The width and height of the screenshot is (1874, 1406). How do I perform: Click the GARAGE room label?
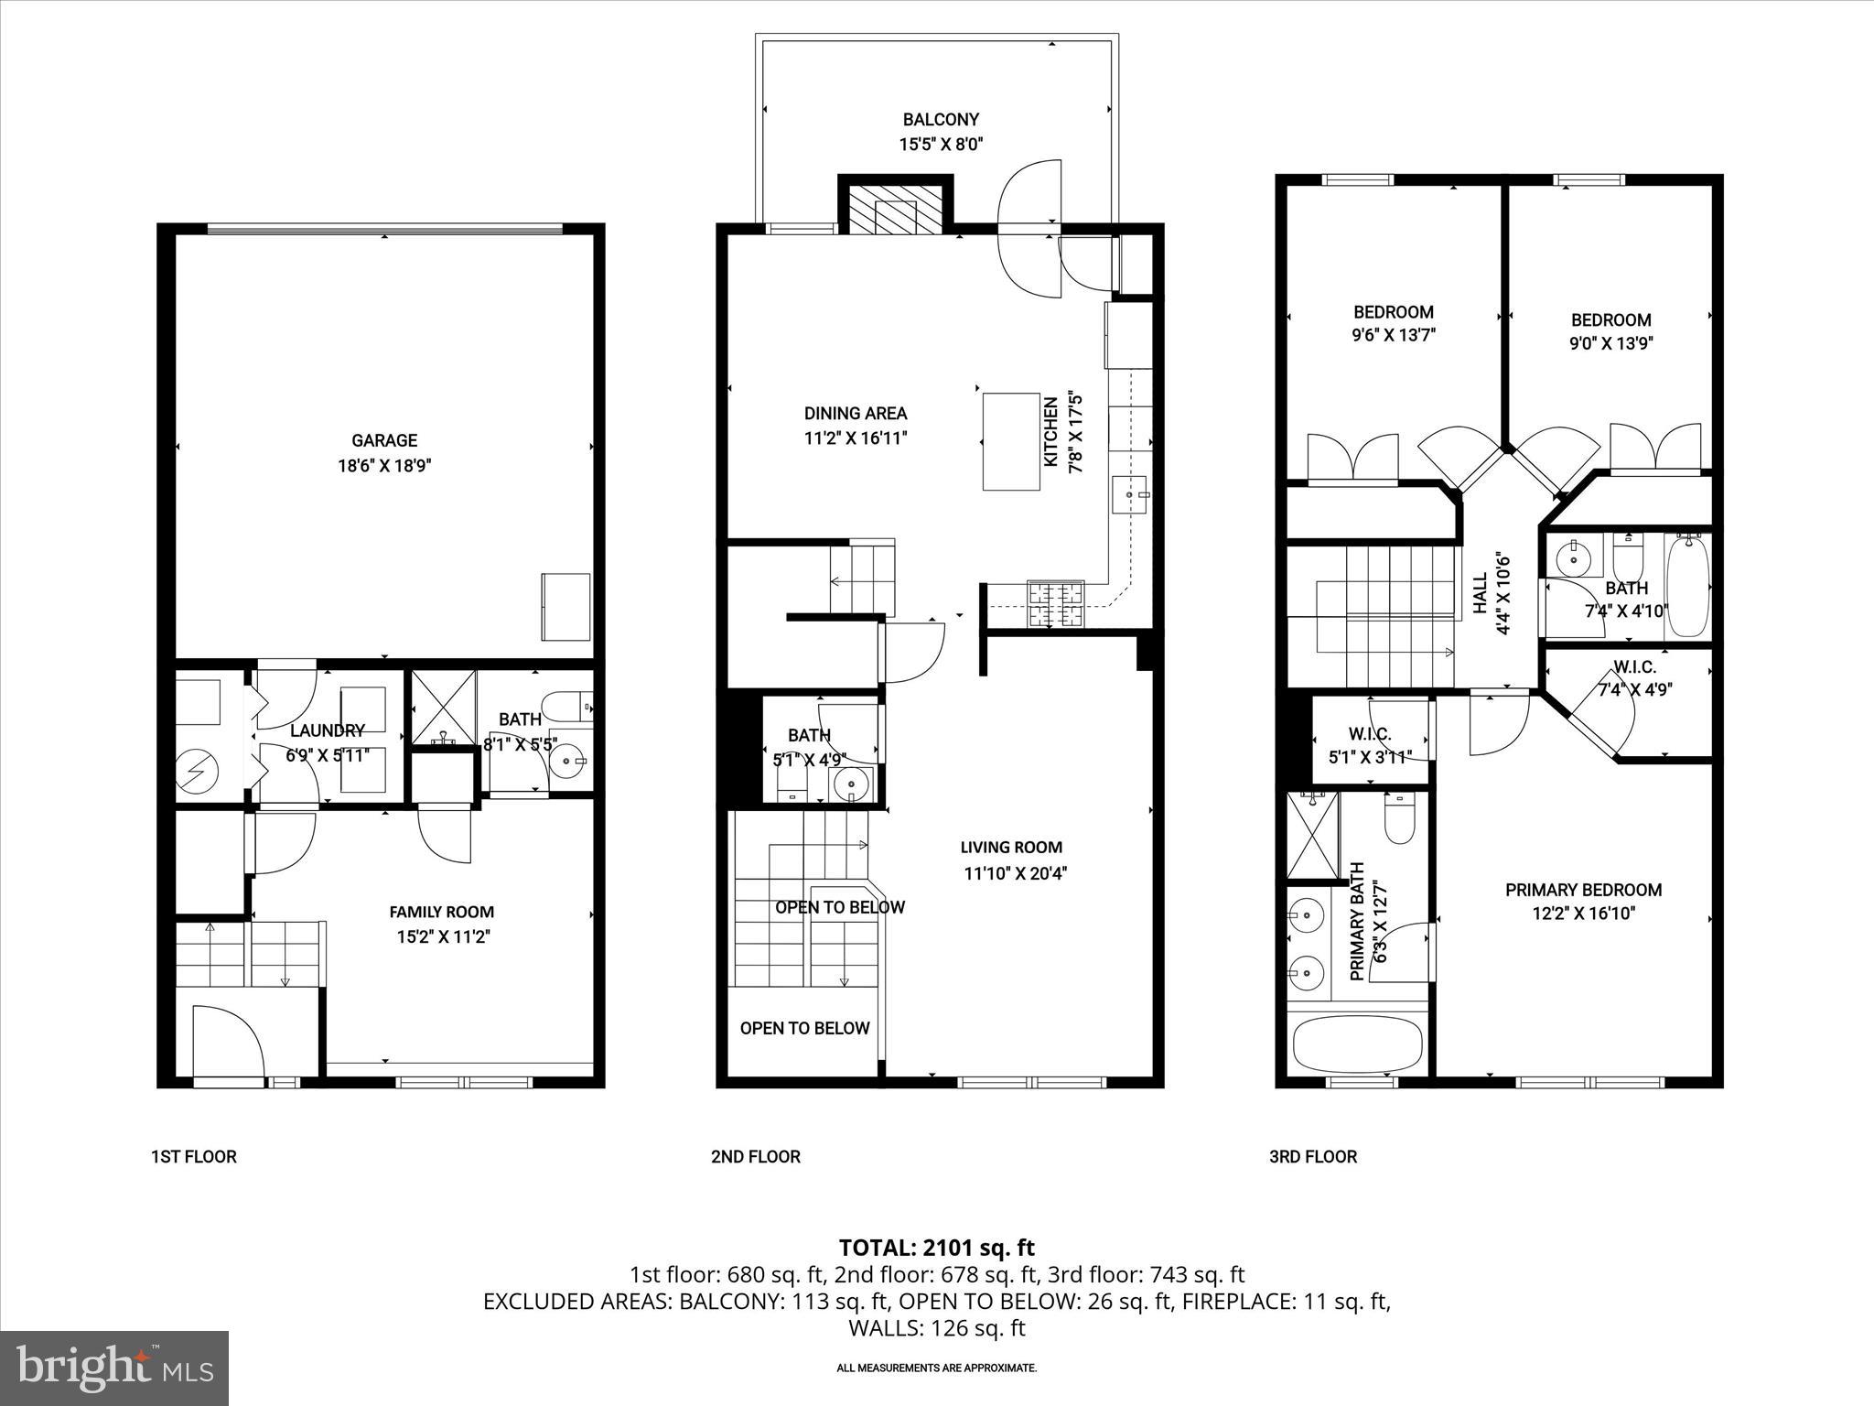(384, 440)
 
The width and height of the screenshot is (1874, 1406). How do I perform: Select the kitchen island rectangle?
(1011, 442)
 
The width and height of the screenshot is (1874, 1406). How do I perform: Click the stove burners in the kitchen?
(1055, 605)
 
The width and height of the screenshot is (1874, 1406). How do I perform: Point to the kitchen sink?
(1130, 495)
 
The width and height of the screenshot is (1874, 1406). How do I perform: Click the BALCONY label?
(941, 120)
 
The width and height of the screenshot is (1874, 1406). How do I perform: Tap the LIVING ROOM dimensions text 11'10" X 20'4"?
(1015, 873)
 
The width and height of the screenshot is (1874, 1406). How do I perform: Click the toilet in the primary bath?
(1399, 819)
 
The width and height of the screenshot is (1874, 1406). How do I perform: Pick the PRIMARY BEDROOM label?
(1583, 890)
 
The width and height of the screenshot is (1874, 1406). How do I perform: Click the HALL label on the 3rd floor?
(1481, 593)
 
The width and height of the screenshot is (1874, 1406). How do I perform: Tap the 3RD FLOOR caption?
(1312, 1157)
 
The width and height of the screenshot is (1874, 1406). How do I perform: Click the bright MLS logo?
(114, 1368)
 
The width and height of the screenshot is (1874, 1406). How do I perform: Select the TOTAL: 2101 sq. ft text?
(936, 1247)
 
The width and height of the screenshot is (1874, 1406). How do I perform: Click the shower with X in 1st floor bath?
(444, 707)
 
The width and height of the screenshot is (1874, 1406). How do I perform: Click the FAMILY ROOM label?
(441, 912)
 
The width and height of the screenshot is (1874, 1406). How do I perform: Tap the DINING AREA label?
(856, 414)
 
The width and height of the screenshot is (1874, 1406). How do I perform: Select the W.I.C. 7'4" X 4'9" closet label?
(1634, 678)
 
